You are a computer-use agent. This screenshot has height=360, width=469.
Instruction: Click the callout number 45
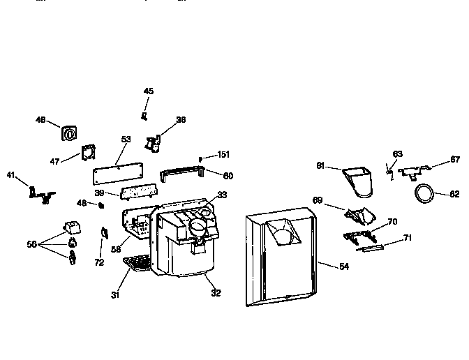149,91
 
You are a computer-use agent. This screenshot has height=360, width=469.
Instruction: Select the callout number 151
223,154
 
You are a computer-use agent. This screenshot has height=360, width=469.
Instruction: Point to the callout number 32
216,293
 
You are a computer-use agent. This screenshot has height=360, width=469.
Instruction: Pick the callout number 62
454,195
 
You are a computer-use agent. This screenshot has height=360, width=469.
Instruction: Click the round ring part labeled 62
425,192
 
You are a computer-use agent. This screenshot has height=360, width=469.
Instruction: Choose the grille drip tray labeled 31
137,264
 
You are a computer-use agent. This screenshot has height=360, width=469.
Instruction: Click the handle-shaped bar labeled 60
182,173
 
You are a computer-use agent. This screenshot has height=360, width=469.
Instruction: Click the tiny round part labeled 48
100,205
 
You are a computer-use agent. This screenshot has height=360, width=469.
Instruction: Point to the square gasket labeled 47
89,153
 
